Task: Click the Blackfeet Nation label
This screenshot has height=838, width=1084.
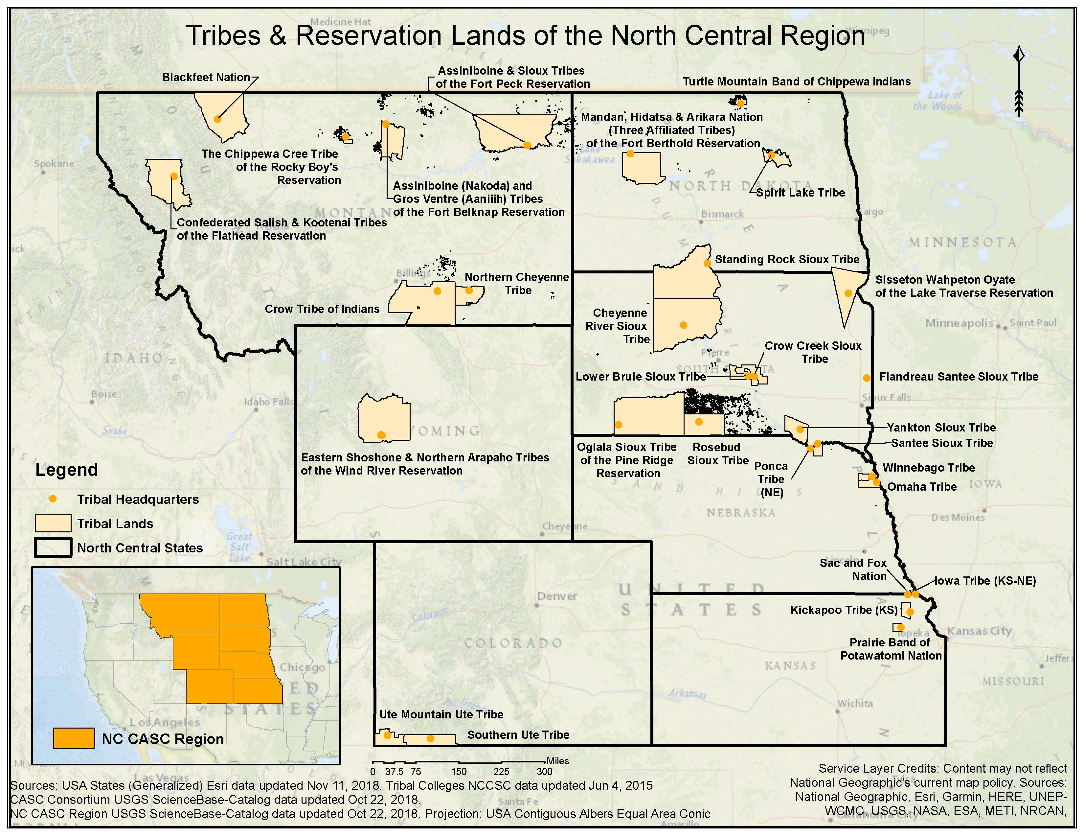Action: (x=206, y=78)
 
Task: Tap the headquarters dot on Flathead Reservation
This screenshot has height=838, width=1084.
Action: (x=174, y=176)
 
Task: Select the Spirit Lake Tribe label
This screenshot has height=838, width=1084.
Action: (x=800, y=193)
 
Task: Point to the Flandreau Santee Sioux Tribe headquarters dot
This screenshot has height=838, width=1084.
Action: (x=867, y=378)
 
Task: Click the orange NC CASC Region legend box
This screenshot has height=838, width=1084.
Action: (x=74, y=738)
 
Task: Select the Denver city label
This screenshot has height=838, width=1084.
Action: (x=557, y=596)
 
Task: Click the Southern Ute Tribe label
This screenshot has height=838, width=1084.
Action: (x=518, y=735)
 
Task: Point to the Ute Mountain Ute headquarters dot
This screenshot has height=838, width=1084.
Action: (x=387, y=735)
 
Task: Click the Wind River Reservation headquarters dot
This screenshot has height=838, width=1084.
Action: (x=381, y=435)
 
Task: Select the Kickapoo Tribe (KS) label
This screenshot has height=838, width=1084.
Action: (x=844, y=610)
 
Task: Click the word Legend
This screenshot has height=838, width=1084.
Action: (x=66, y=470)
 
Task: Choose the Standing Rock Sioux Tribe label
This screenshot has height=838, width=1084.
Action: (x=787, y=259)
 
